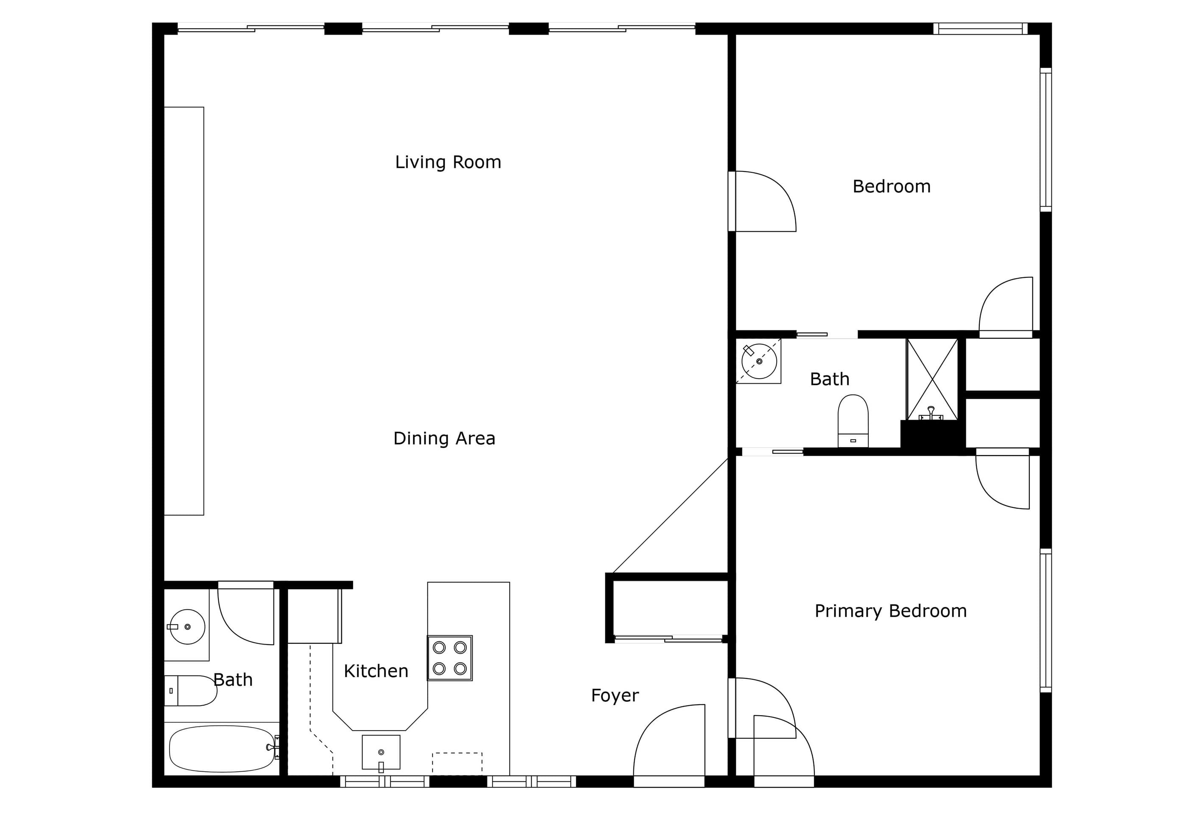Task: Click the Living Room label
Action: pos(448,162)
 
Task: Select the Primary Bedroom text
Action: pos(891,611)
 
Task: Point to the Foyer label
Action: pos(615,695)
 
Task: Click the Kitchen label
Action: pos(376,671)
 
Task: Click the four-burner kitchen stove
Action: pos(450,658)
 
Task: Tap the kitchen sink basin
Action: pos(381,753)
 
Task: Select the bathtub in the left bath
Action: pos(222,749)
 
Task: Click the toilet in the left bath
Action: pos(190,690)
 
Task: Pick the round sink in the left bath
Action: pos(187,627)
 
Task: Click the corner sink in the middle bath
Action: pos(759,361)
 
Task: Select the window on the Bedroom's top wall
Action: pos(980,28)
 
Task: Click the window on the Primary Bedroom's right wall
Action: pos(1046,620)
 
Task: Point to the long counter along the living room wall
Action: pos(184,311)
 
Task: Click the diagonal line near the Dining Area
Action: pos(670,515)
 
